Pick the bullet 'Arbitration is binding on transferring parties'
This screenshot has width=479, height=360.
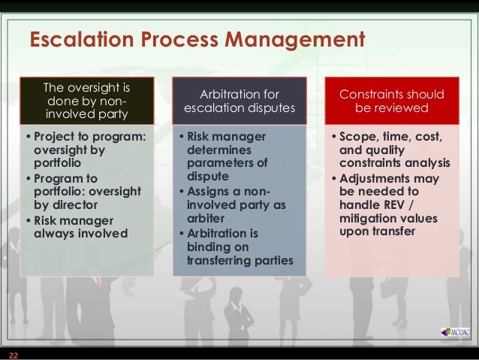coord(234,247)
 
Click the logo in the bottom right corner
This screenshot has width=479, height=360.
coord(451,332)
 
